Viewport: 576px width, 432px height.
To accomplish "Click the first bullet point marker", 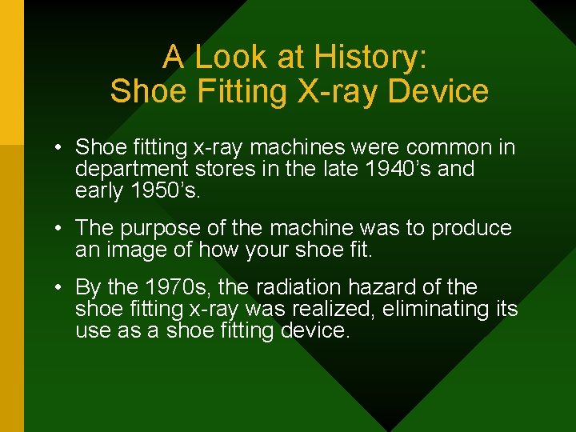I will click(x=59, y=148).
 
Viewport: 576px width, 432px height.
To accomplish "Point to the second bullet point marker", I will click(x=59, y=229).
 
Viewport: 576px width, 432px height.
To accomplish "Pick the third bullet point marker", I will click(x=59, y=288).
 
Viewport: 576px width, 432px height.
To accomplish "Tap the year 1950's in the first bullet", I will click(x=167, y=190).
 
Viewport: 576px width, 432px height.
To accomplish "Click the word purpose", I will click(x=178, y=229).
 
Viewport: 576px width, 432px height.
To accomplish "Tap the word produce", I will click(x=471, y=229).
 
